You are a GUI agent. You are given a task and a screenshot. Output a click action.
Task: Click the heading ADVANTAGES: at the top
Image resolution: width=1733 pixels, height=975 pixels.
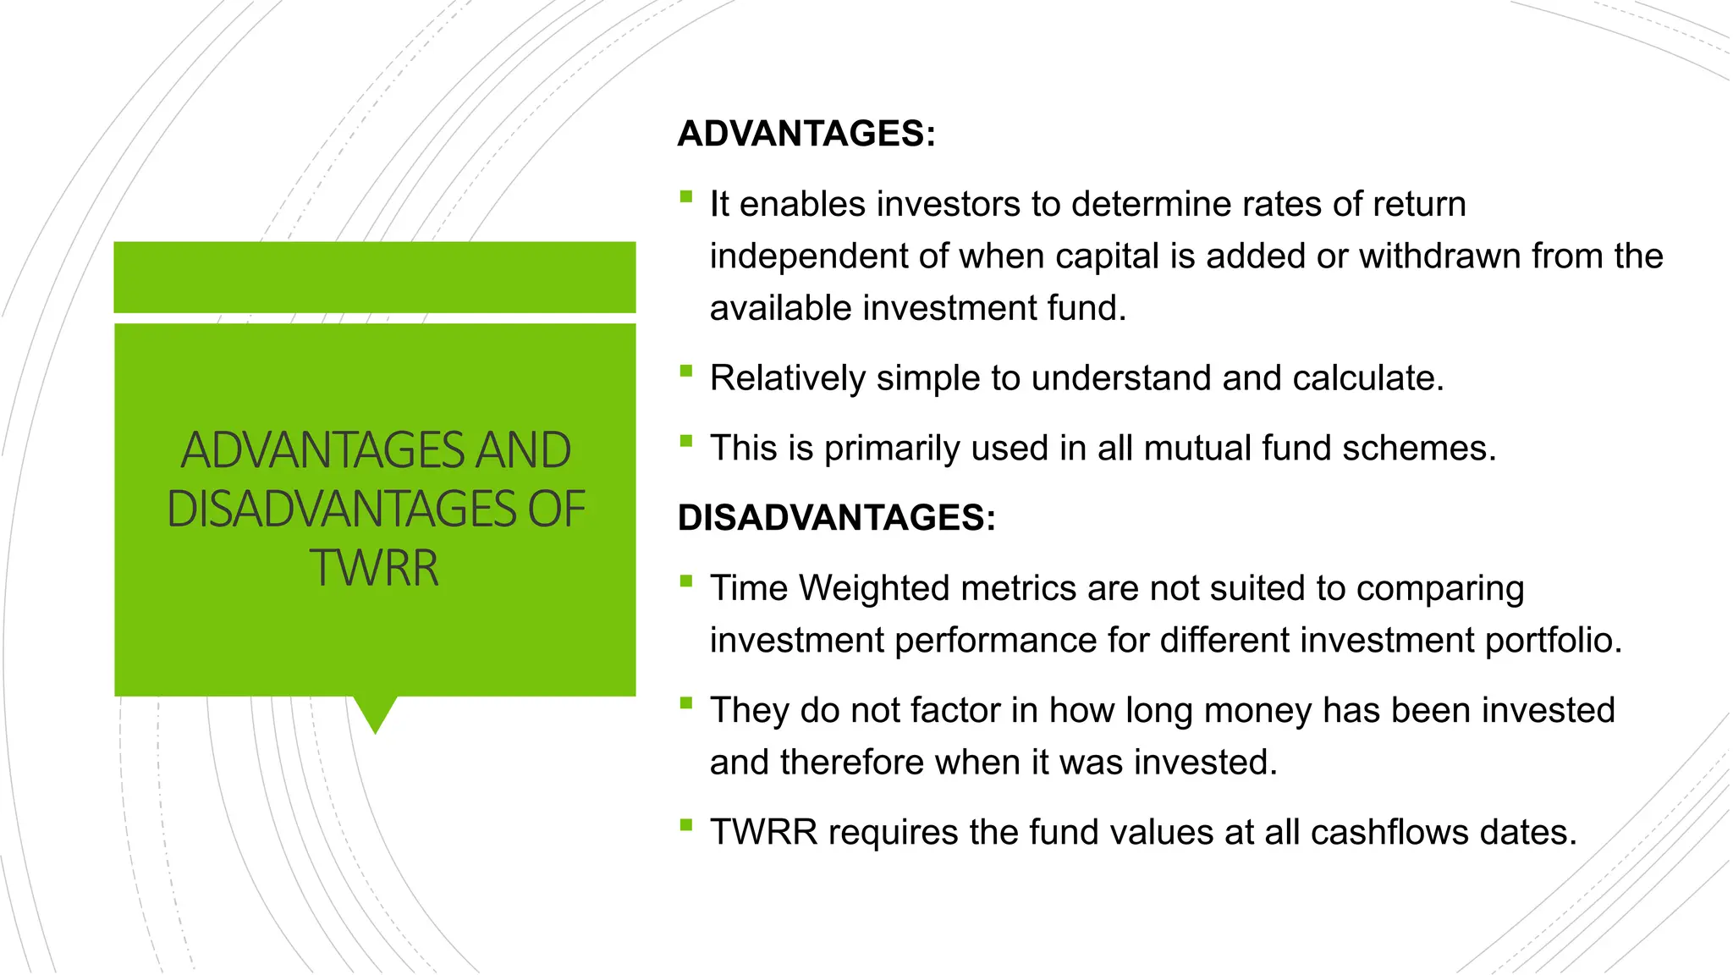(x=806, y=134)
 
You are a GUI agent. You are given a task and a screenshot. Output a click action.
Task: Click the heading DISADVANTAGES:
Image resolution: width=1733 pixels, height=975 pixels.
(x=836, y=517)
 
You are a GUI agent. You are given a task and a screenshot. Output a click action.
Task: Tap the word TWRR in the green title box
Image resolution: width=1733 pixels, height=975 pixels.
(x=374, y=568)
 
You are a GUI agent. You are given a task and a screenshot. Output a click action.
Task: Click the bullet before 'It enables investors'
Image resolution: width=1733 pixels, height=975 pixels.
(x=685, y=198)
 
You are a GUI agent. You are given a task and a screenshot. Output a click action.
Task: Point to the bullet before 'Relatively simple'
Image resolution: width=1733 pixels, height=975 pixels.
(x=685, y=372)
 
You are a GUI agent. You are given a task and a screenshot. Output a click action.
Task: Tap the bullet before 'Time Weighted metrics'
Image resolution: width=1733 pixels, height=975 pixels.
(x=685, y=581)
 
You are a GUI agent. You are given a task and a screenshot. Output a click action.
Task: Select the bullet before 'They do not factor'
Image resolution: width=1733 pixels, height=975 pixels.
(x=685, y=703)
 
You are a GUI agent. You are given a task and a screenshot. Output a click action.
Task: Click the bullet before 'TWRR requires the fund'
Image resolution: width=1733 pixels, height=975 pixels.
(x=685, y=825)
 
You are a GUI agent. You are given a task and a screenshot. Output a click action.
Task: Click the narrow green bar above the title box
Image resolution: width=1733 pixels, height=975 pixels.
(x=374, y=277)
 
